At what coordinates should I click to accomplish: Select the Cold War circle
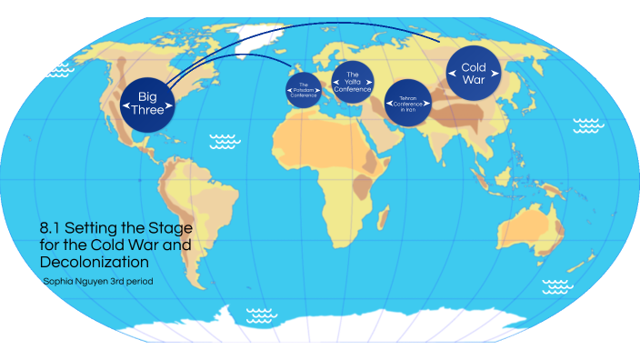tap(474, 74)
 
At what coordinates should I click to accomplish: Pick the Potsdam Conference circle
tap(304, 90)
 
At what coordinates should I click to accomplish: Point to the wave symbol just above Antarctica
tap(262, 315)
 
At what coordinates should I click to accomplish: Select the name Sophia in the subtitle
tap(59, 282)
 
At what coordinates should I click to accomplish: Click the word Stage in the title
tap(174, 228)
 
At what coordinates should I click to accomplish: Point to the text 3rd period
tap(129, 282)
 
